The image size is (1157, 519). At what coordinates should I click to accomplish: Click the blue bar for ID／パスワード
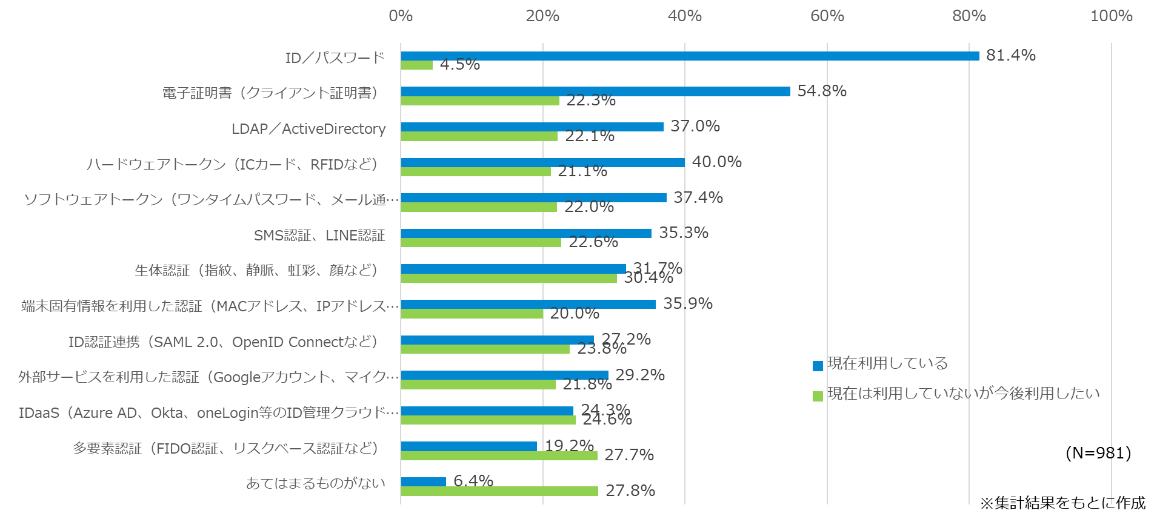pyautogui.click(x=690, y=56)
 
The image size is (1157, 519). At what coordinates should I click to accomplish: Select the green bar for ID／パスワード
pyautogui.click(x=416, y=65)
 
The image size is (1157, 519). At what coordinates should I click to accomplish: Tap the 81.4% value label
pyautogui.click(x=1010, y=55)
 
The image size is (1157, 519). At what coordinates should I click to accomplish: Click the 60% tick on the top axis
pyautogui.click(x=827, y=16)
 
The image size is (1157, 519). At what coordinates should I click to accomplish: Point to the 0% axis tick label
pyautogui.click(x=400, y=16)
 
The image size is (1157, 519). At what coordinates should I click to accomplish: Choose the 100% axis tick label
pyautogui.click(x=1111, y=16)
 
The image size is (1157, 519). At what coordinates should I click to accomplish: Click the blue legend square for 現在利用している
pyautogui.click(x=818, y=366)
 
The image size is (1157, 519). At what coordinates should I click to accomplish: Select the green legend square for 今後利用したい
pyautogui.click(x=818, y=396)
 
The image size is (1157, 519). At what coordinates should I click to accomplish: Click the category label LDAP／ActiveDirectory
pyautogui.click(x=308, y=129)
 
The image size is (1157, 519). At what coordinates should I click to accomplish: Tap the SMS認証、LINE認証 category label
pyautogui.click(x=319, y=236)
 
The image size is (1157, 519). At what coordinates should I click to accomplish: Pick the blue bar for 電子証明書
pyautogui.click(x=595, y=91)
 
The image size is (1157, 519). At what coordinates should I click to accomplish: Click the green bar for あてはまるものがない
pyautogui.click(x=499, y=491)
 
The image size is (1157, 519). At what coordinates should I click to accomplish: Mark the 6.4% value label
pyautogui.click(x=473, y=481)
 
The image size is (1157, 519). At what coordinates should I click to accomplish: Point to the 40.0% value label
pyautogui.click(x=716, y=162)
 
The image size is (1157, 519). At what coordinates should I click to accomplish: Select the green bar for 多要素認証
pyautogui.click(x=499, y=455)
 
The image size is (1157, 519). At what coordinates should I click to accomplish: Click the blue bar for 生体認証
pyautogui.click(x=513, y=268)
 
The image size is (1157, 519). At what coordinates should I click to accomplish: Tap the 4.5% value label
pyautogui.click(x=459, y=64)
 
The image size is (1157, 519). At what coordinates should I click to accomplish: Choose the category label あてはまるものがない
pyautogui.click(x=316, y=483)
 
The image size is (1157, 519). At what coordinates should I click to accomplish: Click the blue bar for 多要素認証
pyautogui.click(x=468, y=446)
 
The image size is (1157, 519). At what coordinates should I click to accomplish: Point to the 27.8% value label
pyautogui.click(x=630, y=491)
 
